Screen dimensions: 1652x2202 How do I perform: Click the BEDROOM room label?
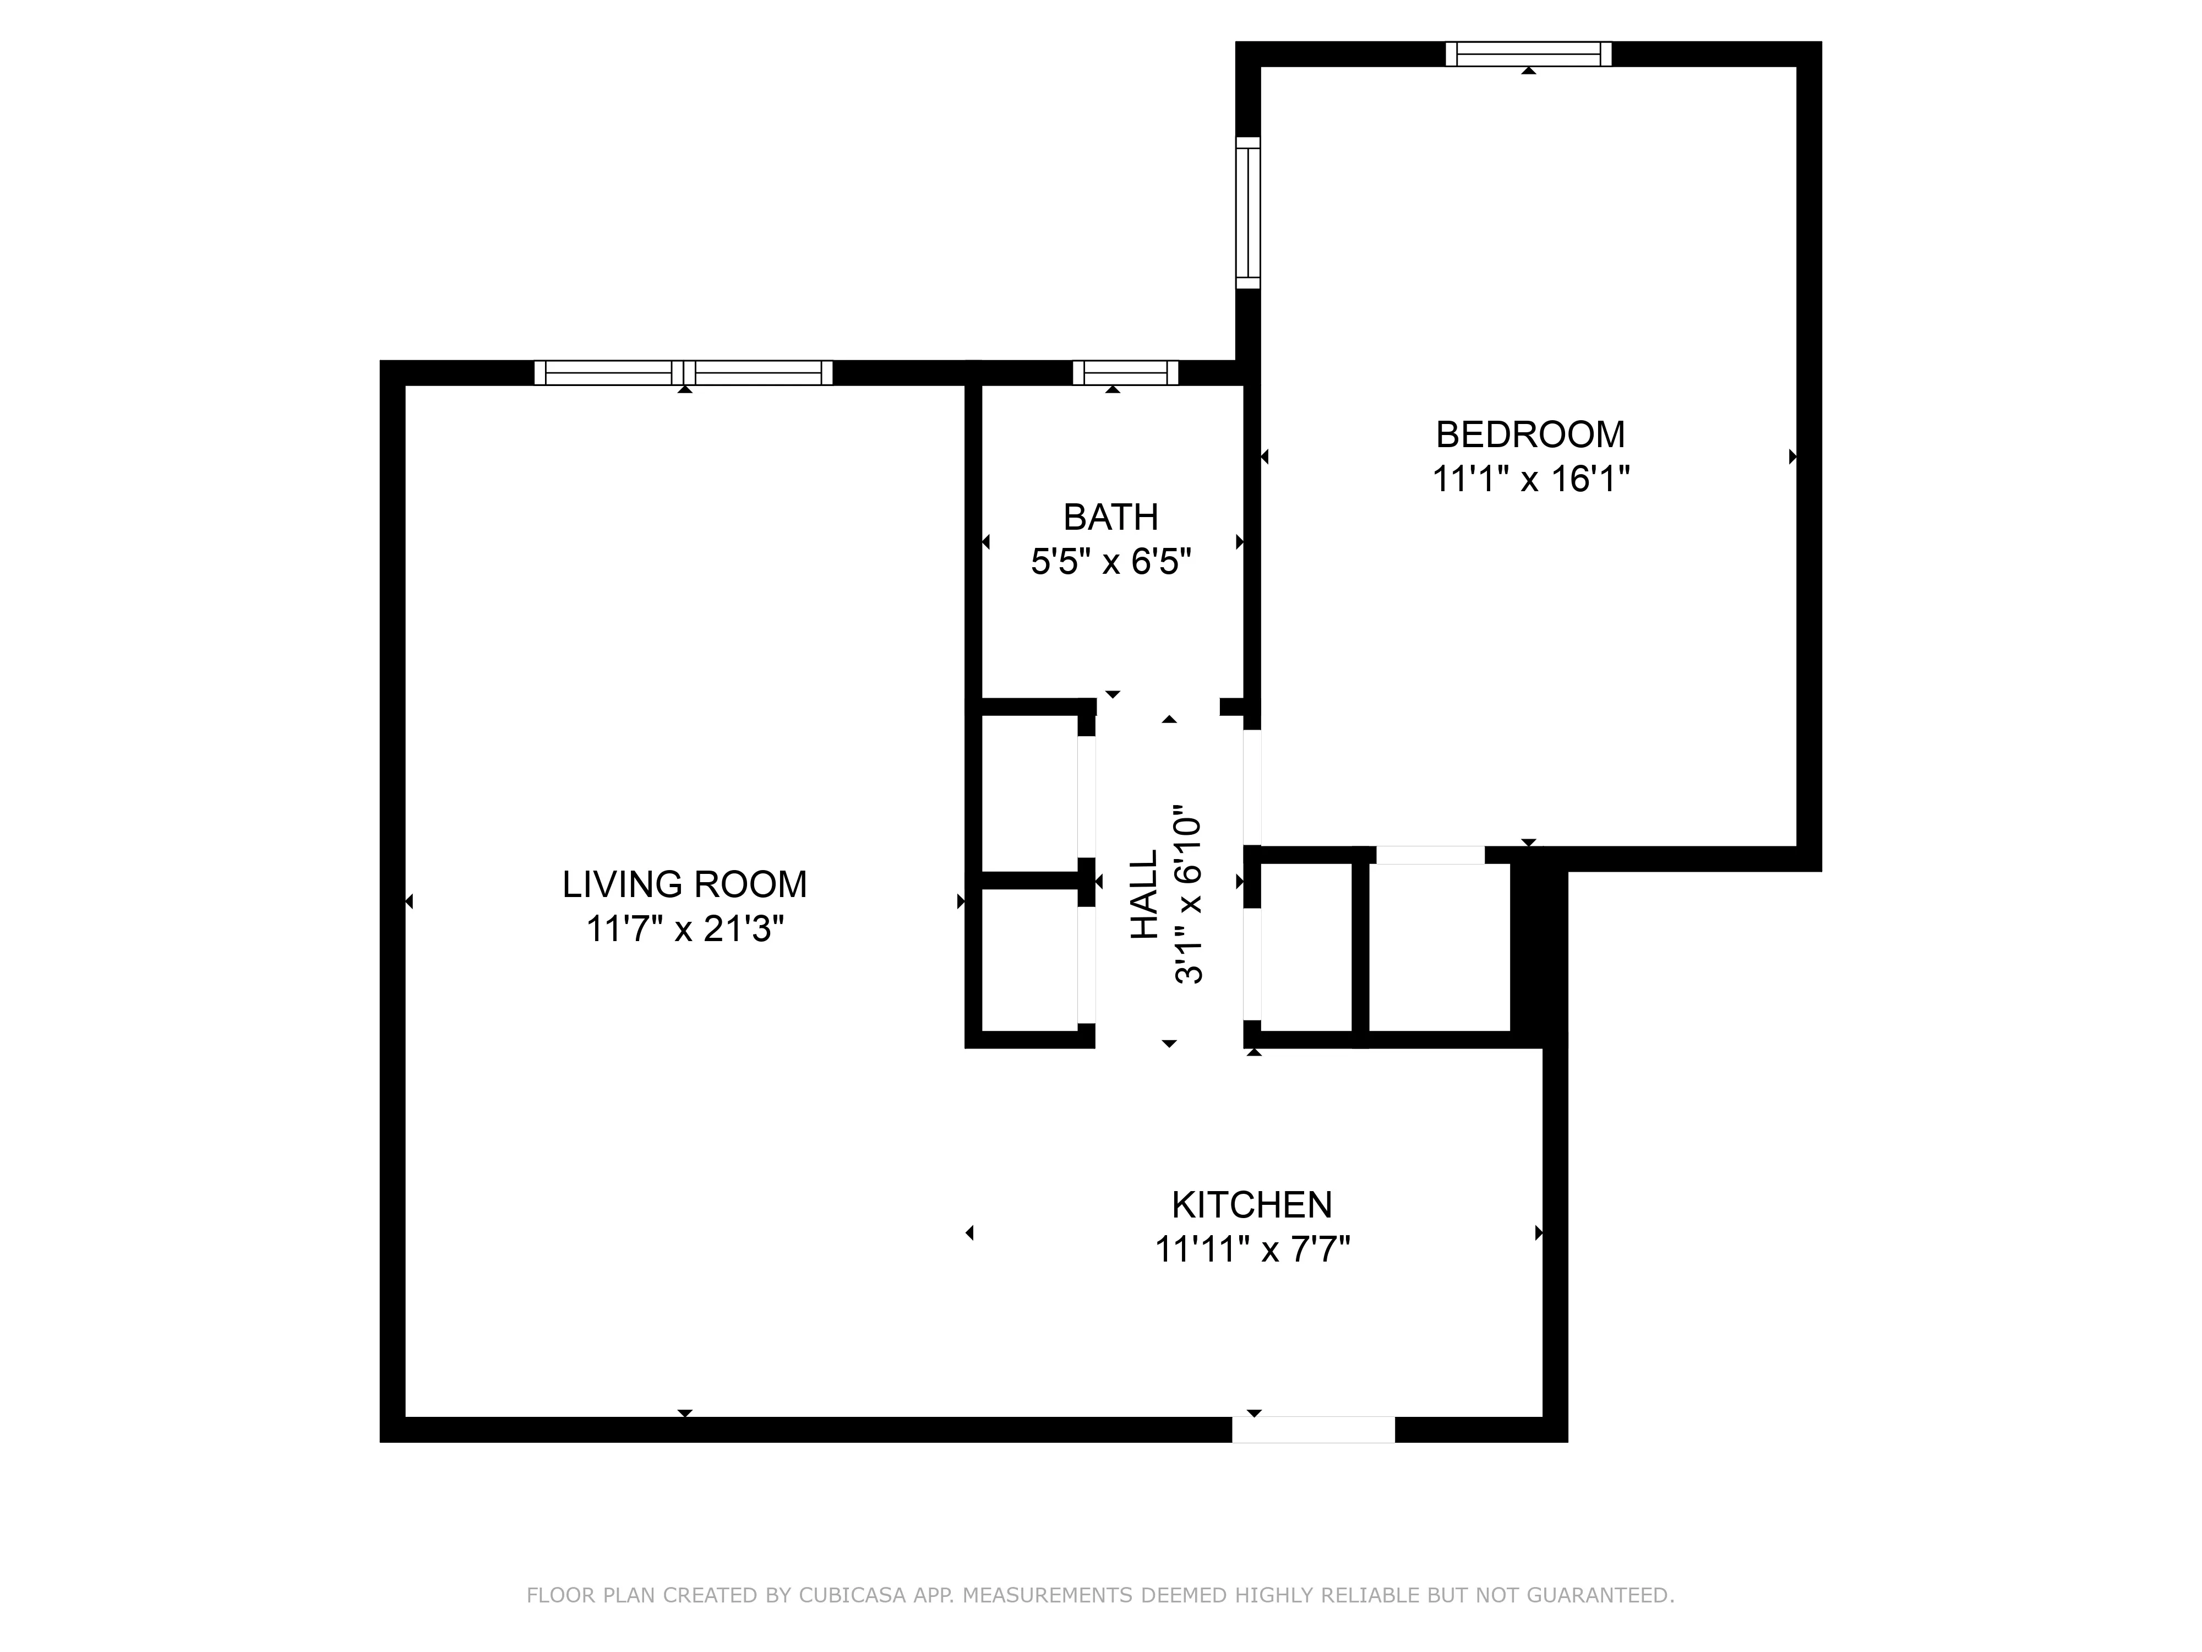[x=1530, y=435]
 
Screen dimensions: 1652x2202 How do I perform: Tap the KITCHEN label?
[x=1251, y=1205]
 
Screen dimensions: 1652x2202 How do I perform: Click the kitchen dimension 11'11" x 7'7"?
[x=1251, y=1249]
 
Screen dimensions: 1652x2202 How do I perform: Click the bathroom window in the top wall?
[x=1125, y=372]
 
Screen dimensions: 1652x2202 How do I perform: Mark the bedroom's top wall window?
[x=1528, y=54]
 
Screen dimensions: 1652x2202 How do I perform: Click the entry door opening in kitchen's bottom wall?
[x=1313, y=1429]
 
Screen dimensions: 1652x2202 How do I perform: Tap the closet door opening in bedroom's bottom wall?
[x=1430, y=855]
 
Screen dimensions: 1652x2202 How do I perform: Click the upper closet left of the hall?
[x=1031, y=792]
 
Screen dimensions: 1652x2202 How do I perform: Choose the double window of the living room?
[x=683, y=372]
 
